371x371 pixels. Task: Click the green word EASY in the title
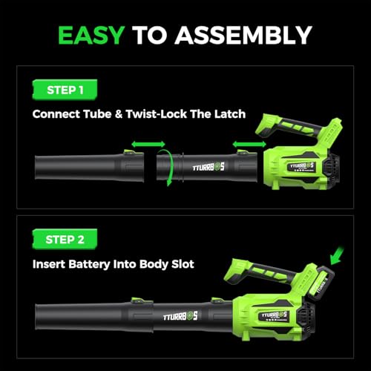(91, 35)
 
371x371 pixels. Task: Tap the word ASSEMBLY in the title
(243, 35)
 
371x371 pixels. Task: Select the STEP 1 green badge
(65, 90)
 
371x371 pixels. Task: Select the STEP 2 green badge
(65, 240)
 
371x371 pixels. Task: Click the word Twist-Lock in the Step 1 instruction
(156, 114)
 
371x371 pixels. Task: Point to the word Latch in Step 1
(230, 114)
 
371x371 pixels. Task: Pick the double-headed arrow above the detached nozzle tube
(148, 144)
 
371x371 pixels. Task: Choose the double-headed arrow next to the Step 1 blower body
(249, 144)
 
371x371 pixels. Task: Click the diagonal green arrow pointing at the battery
(337, 255)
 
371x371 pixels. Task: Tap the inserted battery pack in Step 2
(321, 283)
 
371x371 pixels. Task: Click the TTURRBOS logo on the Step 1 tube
(209, 168)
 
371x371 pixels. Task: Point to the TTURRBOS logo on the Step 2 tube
(180, 316)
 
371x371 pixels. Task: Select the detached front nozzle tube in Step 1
(89, 167)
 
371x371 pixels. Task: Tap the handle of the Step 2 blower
(262, 271)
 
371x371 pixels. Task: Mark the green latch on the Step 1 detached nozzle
(130, 152)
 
